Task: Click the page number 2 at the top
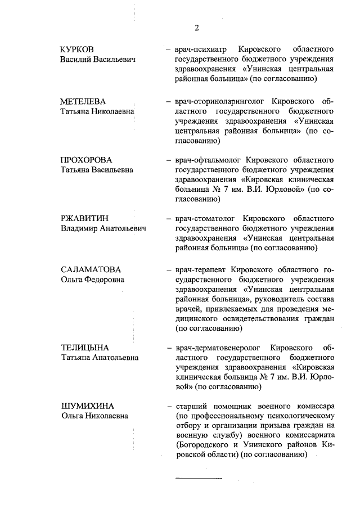coord(197,28)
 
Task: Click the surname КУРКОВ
coord(77,49)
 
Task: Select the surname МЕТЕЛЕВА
coord(83,102)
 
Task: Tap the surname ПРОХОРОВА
coord(87,160)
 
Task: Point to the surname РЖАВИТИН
coord(84,218)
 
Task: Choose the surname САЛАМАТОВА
coord(91,269)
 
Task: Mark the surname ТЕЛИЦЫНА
coord(84,347)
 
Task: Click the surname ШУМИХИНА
coord(87,406)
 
